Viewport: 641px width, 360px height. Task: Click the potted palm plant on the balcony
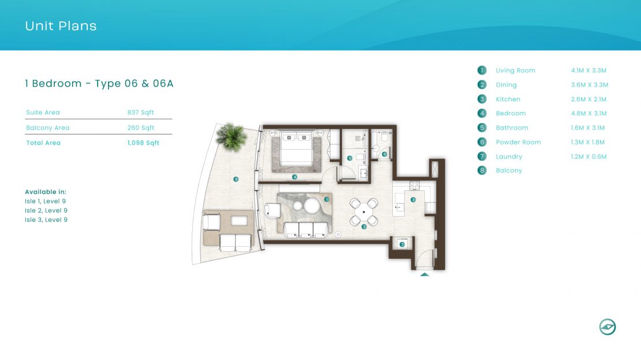(232, 136)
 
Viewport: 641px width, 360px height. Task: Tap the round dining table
(363, 212)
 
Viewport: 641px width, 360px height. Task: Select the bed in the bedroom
(297, 149)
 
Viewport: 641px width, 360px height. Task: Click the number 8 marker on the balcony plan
(236, 179)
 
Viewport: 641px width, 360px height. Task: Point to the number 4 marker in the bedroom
(295, 177)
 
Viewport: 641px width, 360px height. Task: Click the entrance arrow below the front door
(424, 274)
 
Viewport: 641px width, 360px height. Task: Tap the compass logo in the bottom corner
(608, 327)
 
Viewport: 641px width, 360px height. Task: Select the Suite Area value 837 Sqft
(141, 113)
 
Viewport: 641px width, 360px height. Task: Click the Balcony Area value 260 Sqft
(141, 128)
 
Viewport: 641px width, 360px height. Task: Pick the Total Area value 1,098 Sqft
(143, 143)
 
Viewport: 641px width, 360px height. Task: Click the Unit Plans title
(61, 26)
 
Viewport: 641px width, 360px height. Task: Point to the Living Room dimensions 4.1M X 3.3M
(588, 70)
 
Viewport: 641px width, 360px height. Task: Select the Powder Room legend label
(519, 142)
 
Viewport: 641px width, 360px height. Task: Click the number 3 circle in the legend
(482, 99)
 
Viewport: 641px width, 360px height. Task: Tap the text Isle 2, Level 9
(46, 210)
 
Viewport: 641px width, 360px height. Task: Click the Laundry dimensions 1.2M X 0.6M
(588, 156)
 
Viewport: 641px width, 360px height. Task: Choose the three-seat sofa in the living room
(306, 229)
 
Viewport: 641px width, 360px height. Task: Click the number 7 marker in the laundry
(402, 244)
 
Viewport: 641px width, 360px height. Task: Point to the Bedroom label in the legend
(511, 113)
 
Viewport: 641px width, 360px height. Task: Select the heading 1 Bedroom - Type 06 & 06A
(99, 83)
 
